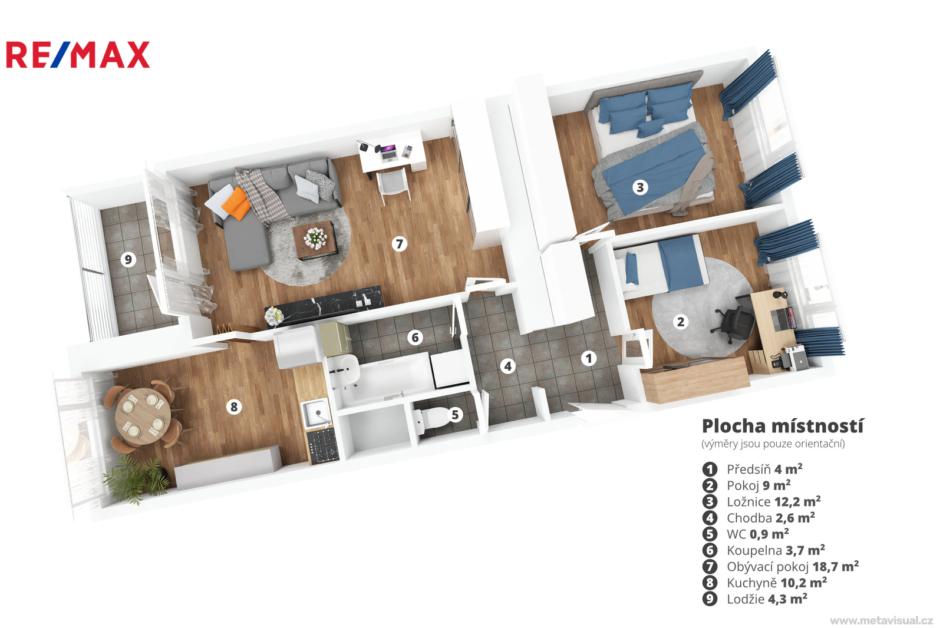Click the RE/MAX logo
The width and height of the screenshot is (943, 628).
pyautogui.click(x=78, y=55)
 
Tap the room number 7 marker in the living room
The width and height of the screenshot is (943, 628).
pyautogui.click(x=399, y=244)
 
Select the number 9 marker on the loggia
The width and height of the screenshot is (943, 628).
pyautogui.click(x=128, y=259)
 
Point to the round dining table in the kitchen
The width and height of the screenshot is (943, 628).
pyautogui.click(x=143, y=416)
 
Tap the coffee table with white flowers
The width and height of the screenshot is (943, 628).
pyautogui.click(x=314, y=240)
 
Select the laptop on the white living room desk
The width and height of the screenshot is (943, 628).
pyautogui.click(x=388, y=153)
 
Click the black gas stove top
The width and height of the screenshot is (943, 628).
pyautogui.click(x=322, y=446)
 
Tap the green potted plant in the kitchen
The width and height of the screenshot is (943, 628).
pyautogui.click(x=136, y=480)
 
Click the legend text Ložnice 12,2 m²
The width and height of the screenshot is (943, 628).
pyautogui.click(x=774, y=502)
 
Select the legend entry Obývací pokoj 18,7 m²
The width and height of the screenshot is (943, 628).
pyautogui.click(x=793, y=567)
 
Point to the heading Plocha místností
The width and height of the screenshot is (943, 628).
pyautogui.click(x=783, y=426)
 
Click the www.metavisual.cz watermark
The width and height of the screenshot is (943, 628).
pyautogui.click(x=882, y=620)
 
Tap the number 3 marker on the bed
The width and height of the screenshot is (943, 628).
pyautogui.click(x=640, y=187)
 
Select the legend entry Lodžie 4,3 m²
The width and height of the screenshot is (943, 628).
pyautogui.click(x=767, y=599)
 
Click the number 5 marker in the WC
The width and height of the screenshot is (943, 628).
pyautogui.click(x=455, y=415)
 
